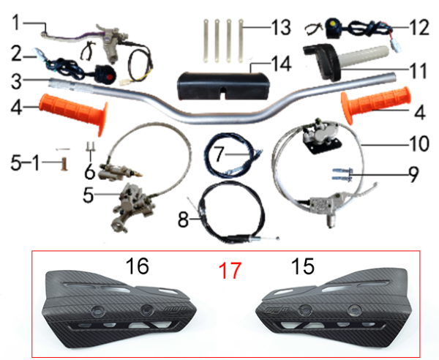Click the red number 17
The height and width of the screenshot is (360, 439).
pyautogui.click(x=230, y=271)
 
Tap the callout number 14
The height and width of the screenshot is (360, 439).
pyautogui.click(x=281, y=64)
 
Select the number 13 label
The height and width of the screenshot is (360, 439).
pyautogui.click(x=281, y=28)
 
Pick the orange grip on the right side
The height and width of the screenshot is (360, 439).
pyautogui.click(x=375, y=103)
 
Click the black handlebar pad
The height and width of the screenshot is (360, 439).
pyautogui.click(x=224, y=86)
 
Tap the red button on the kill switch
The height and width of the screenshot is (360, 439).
pyautogui.click(x=110, y=77)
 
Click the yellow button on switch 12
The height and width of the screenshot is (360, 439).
pyautogui.click(x=333, y=23)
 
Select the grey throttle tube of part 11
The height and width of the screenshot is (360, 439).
pyautogui.click(x=364, y=57)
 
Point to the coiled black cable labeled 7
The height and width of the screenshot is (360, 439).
pyautogui.click(x=233, y=155)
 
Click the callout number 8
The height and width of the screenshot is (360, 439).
pyautogui.click(x=184, y=220)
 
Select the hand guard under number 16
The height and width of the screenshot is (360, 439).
pyautogui.click(x=119, y=309)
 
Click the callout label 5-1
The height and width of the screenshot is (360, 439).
pyautogui.click(x=25, y=163)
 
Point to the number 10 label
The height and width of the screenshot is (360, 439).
pyautogui.click(x=419, y=144)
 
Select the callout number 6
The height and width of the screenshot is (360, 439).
pyautogui.click(x=90, y=172)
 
